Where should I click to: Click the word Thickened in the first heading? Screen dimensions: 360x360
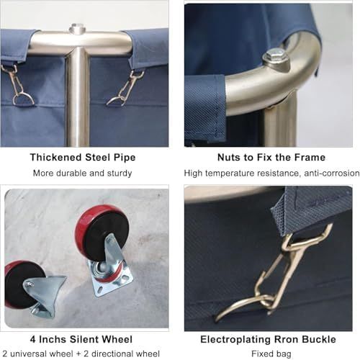coord(55,158)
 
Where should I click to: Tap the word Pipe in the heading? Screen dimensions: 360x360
coord(125,158)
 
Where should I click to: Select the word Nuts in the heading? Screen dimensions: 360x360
coord(229,158)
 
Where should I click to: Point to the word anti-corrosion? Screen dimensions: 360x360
coord(332,173)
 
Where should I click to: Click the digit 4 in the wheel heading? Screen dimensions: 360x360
coord(33,339)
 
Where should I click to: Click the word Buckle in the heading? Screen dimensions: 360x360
coord(319,339)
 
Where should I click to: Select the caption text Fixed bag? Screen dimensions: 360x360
coord(271,354)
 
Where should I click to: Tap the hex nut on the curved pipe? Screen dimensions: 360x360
coord(276,57)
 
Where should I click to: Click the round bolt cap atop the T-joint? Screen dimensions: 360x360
coord(77,29)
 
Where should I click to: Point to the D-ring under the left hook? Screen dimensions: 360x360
coord(23,99)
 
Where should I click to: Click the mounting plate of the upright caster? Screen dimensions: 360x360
coord(110,279)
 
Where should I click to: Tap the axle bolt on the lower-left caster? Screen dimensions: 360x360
coord(30,284)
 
